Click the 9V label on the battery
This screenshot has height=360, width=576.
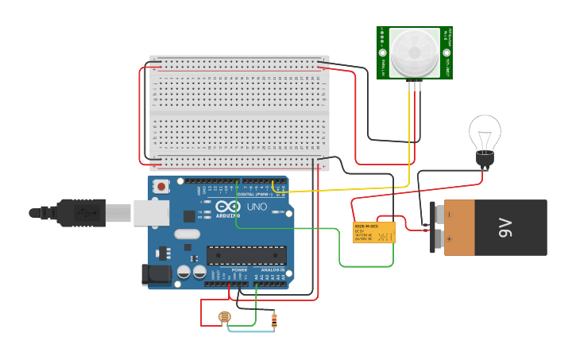507,228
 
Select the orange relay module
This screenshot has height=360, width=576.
373,232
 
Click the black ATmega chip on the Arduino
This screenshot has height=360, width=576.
246,255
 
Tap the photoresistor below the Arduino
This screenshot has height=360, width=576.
224,317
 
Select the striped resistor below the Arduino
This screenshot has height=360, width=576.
274,320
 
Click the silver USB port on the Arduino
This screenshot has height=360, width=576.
151,212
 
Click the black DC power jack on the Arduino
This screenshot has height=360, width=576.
156,275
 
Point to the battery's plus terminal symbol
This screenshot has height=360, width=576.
448,238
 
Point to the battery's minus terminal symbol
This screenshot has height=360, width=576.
448,215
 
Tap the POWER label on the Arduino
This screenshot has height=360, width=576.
239,270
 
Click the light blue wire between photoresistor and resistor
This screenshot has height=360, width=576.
250,330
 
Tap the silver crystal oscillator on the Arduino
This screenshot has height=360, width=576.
187,234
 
